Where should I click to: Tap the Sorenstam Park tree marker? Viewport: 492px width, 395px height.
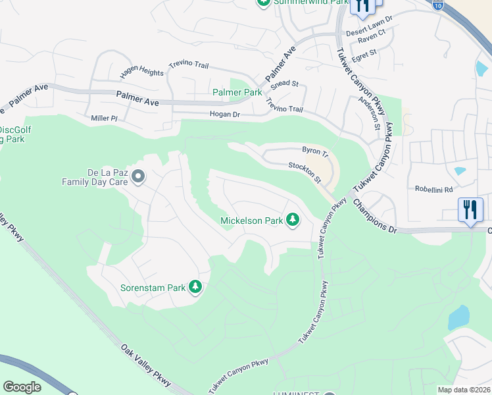[195, 287]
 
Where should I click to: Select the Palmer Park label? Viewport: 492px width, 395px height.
[237, 93]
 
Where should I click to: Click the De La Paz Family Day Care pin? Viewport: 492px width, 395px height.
[138, 176]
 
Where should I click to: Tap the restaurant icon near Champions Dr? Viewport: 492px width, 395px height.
[470, 210]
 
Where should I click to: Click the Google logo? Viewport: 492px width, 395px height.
[22, 386]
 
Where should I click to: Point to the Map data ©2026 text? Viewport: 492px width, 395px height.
[464, 390]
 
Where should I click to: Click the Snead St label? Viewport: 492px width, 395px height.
[286, 84]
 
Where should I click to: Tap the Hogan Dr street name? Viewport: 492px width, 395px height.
[207, 114]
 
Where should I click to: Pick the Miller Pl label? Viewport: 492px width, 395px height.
[104, 118]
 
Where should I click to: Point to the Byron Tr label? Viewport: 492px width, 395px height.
[314, 150]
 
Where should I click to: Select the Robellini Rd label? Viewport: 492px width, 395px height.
[434, 189]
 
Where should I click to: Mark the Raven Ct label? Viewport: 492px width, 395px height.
[370, 40]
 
